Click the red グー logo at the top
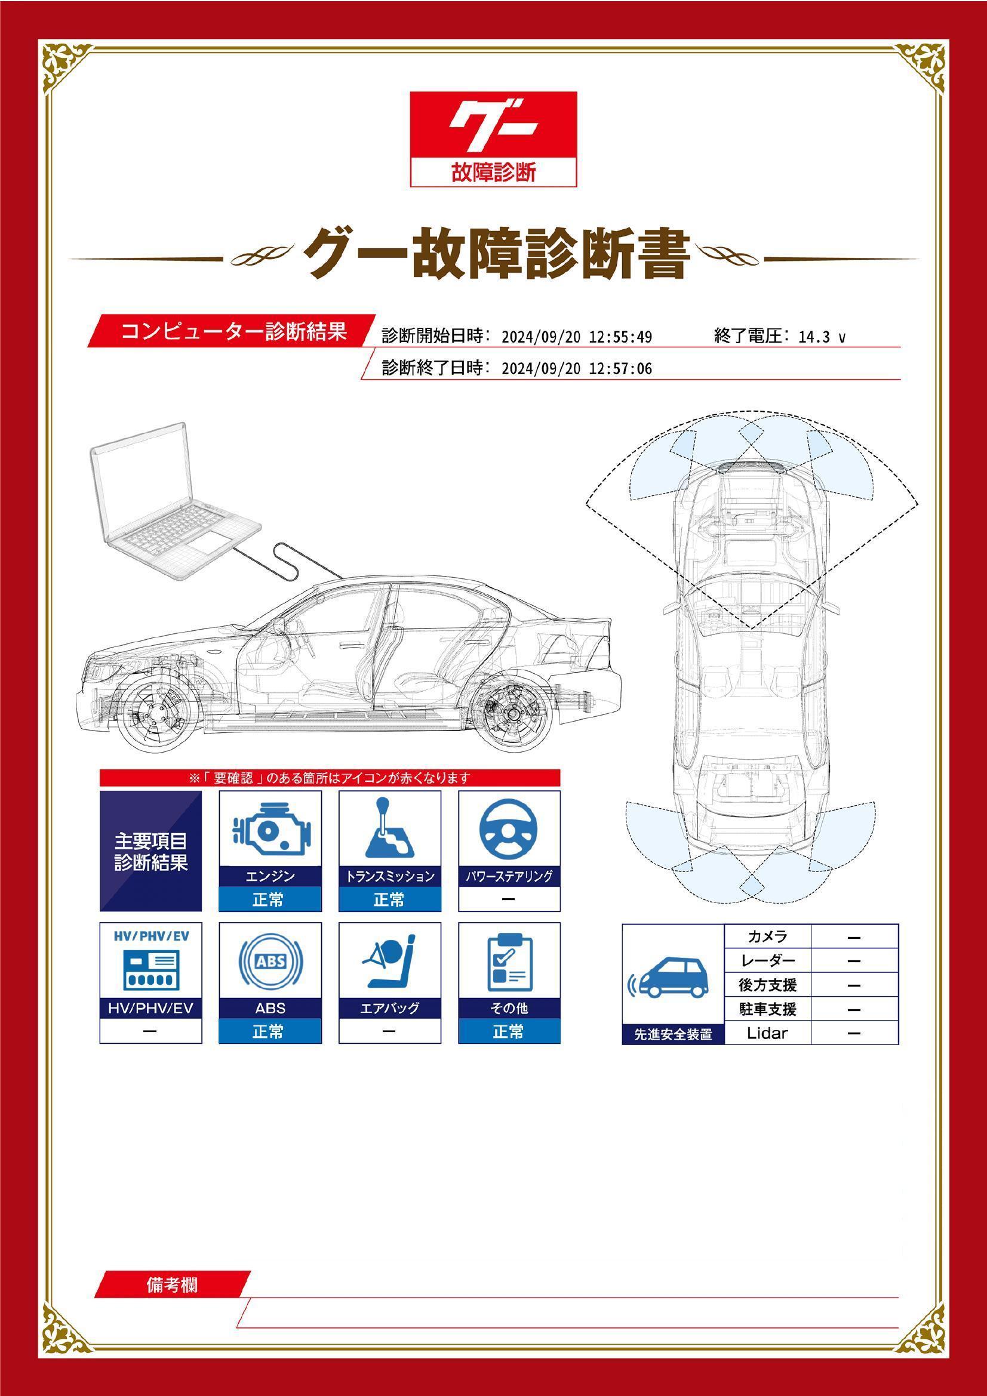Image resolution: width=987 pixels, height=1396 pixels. click(493, 138)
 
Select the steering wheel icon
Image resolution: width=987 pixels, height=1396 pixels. click(509, 830)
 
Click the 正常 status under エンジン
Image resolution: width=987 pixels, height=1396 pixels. click(269, 899)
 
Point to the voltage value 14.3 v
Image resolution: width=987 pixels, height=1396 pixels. click(822, 337)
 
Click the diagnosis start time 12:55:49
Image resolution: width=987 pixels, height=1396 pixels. click(620, 337)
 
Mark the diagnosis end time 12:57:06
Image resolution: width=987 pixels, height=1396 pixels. click(620, 369)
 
